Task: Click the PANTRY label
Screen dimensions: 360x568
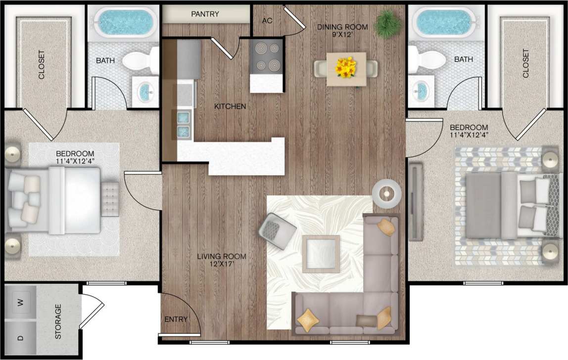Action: click(205, 14)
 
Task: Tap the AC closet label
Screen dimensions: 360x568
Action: click(267, 20)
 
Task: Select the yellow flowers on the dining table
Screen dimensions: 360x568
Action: click(346, 68)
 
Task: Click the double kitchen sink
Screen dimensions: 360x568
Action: click(184, 124)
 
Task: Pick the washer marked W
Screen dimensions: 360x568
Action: click(20, 302)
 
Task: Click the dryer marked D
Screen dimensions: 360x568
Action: click(20, 339)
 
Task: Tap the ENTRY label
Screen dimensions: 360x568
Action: click(176, 319)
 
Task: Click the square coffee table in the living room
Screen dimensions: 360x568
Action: click(321, 254)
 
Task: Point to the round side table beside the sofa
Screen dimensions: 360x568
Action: click(386, 193)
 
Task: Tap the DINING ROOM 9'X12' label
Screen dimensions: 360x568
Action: click(342, 31)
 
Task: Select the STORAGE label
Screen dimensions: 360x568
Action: click(58, 321)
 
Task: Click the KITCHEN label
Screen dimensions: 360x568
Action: click(230, 106)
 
